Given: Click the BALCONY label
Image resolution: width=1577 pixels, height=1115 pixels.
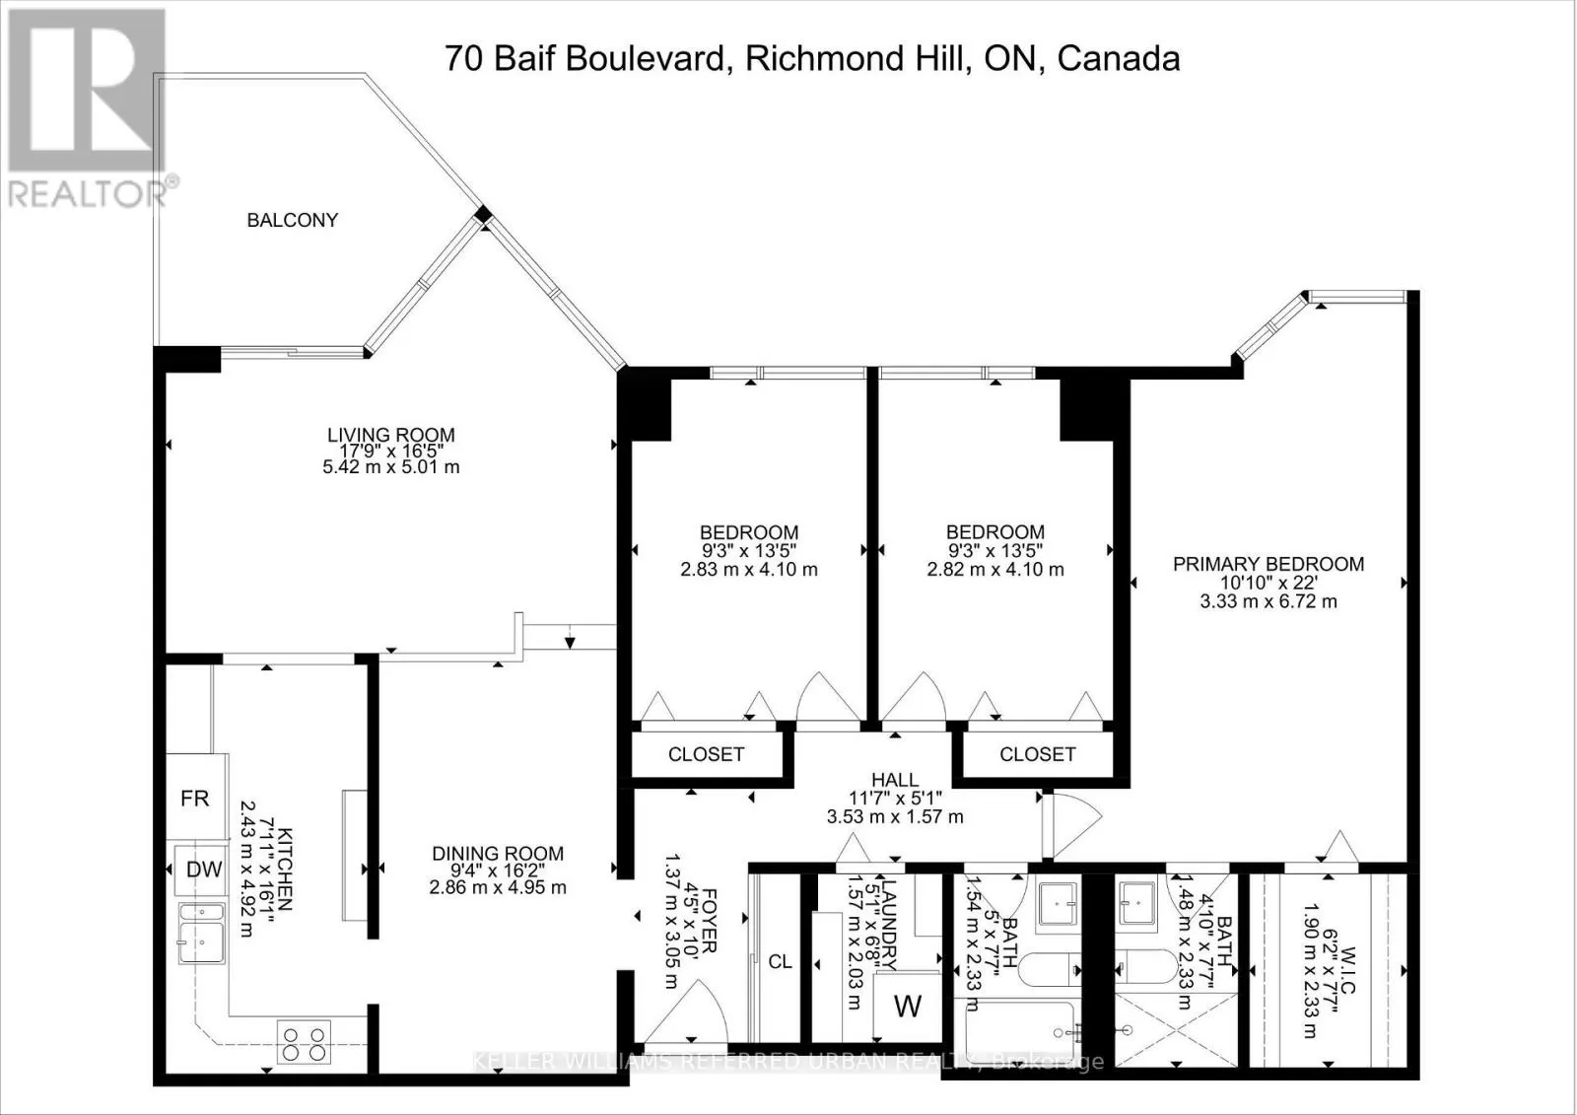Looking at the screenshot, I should click(292, 220).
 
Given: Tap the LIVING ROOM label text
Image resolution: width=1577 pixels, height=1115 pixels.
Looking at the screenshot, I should click(390, 434).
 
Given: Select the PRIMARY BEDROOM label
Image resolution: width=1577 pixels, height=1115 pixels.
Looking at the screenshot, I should click(1268, 564).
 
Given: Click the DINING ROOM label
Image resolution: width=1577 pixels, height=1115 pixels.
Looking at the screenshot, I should click(497, 854).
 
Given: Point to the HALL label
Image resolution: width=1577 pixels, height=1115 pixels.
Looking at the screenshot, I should click(894, 780).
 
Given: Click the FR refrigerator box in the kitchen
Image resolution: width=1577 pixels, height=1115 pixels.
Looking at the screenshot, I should click(195, 798).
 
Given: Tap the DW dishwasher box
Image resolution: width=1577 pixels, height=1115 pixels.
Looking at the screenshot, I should click(203, 870).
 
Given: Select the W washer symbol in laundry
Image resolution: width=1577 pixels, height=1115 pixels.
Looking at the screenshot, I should click(907, 1007).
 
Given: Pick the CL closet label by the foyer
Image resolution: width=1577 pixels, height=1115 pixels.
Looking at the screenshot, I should click(780, 961).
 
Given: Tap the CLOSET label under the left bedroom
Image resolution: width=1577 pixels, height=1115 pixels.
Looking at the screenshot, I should click(706, 754).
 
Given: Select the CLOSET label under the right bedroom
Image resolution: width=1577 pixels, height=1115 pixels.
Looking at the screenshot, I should click(1037, 754).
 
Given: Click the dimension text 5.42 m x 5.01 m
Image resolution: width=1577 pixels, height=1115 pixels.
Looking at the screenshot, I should click(390, 466).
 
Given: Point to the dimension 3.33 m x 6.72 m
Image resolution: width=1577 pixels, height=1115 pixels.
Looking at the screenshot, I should click(1268, 601).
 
